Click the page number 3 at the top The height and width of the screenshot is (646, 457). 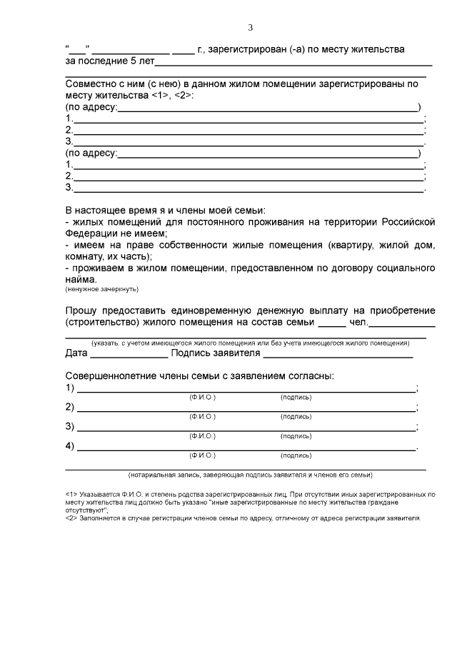250,28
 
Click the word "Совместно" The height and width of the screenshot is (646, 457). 94,84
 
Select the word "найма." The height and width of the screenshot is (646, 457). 81,280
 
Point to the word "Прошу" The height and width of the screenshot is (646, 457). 82,311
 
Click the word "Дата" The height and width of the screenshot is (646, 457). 77,353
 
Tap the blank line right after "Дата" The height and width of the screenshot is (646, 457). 129,355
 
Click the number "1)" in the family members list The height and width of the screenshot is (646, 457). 70,388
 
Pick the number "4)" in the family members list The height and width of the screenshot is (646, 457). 70,447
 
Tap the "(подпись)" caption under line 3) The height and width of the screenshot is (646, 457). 296,435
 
